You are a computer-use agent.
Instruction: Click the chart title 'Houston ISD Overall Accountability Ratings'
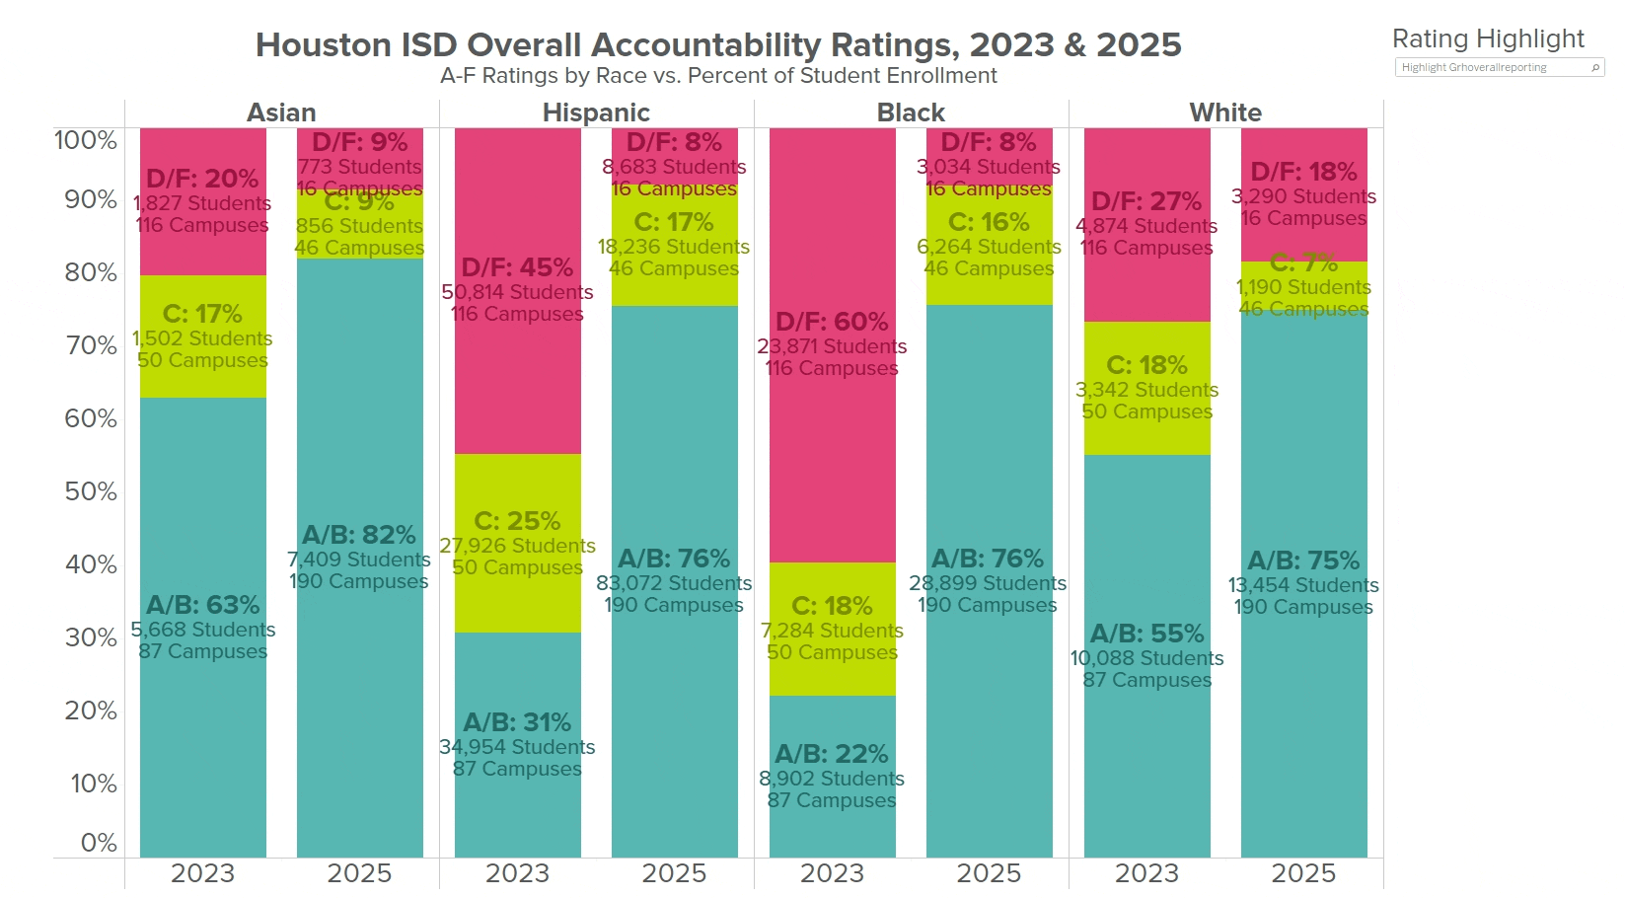[x=717, y=45]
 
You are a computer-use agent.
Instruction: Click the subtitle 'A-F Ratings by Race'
[x=717, y=76]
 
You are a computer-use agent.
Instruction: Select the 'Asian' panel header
[x=281, y=112]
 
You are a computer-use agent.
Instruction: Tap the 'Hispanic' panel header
[x=596, y=112]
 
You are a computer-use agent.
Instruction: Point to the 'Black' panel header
[x=911, y=112]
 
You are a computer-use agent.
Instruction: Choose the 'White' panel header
[x=1225, y=112]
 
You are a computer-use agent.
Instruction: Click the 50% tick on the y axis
[x=91, y=491]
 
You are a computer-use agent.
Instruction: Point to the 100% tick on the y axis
[x=85, y=140]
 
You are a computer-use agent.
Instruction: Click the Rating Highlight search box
[x=1495, y=67]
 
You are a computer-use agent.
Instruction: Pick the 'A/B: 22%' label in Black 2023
[x=832, y=754]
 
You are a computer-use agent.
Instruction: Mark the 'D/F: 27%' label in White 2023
[x=1146, y=201]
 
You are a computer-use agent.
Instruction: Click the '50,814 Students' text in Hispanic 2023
[x=517, y=292]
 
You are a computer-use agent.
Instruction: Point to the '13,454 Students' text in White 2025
[x=1303, y=585]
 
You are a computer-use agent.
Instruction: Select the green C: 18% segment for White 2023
[x=1146, y=434]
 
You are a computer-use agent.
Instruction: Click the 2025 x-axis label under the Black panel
[x=989, y=873]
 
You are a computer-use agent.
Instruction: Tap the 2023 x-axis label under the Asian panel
[x=202, y=873]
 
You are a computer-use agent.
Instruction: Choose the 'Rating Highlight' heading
[x=1488, y=38]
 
